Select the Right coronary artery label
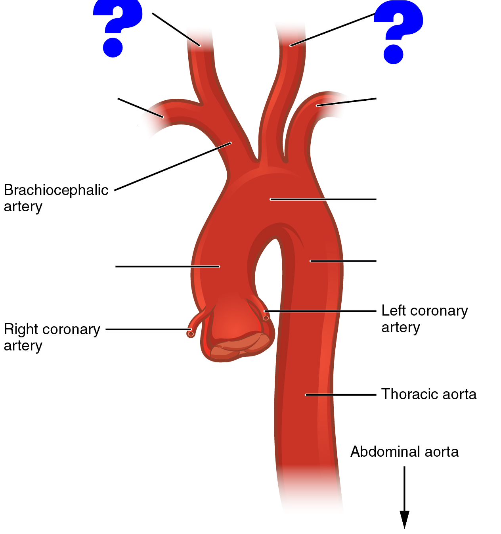tap(52, 337)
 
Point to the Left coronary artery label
tap(424, 319)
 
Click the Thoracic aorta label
tap(428, 394)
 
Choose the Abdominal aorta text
tap(404, 452)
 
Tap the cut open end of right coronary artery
tap(191, 334)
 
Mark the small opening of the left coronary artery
tap(266, 318)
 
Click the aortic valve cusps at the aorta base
tap(238, 347)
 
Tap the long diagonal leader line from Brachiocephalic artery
tap(173, 167)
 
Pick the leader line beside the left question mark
tap(176, 29)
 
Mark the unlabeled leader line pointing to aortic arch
tap(323, 199)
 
